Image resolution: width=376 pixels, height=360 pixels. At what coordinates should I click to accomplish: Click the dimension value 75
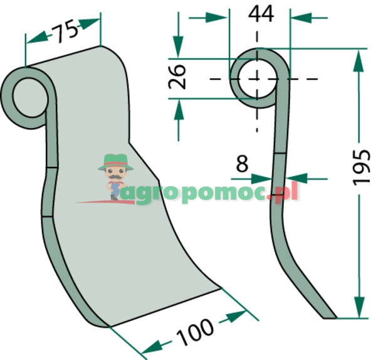click(65, 32)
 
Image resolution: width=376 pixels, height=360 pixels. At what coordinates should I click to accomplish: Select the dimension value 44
click(261, 14)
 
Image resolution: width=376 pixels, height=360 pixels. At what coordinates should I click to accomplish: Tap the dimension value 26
click(177, 77)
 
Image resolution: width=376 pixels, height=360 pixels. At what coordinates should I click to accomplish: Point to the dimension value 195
click(362, 167)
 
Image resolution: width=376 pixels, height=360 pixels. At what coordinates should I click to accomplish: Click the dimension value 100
click(196, 332)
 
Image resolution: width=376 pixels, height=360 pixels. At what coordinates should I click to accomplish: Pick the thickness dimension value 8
click(242, 164)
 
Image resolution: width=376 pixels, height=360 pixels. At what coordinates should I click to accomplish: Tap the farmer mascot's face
click(115, 174)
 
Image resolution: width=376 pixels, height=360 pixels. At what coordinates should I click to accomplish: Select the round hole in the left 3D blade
click(30, 97)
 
